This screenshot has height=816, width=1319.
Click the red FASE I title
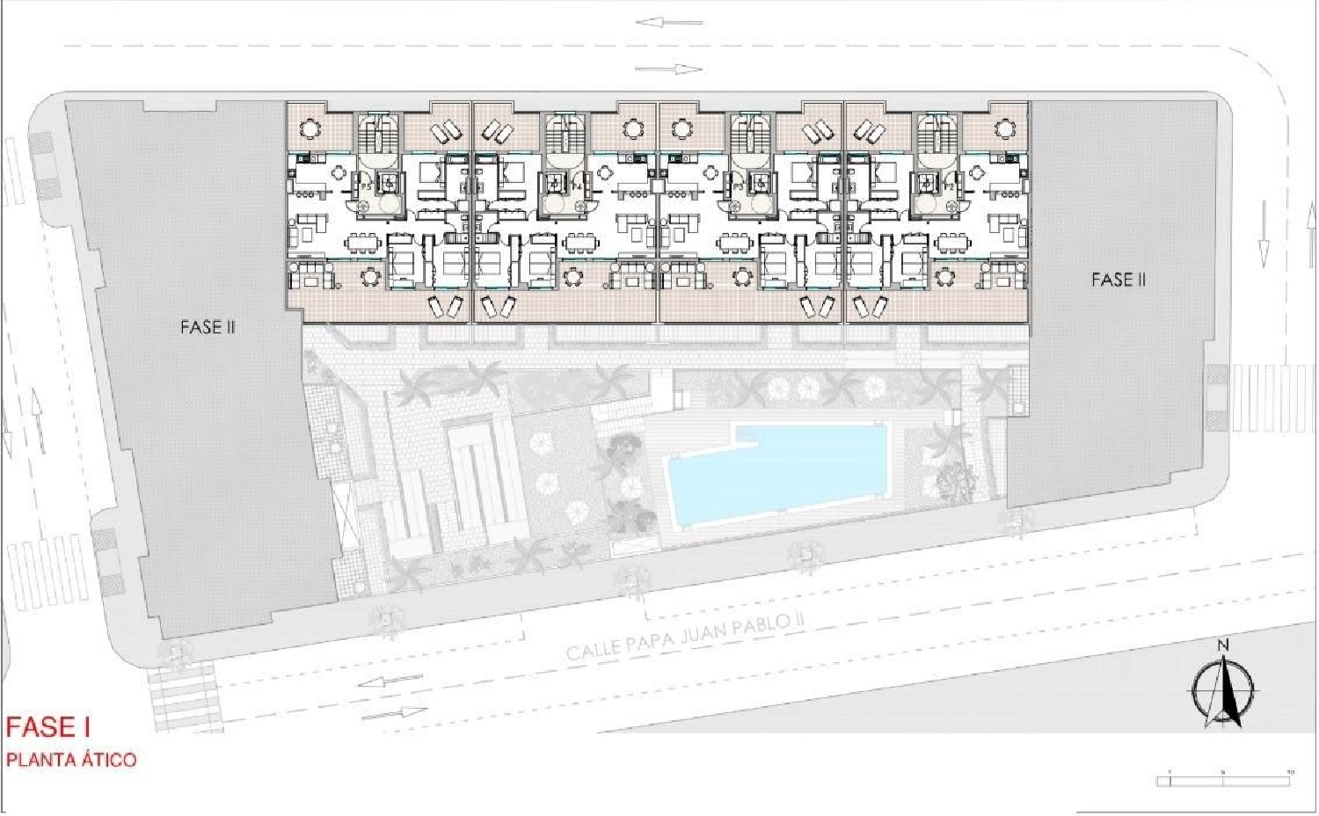click(49, 727)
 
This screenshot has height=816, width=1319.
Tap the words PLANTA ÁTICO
click(71, 759)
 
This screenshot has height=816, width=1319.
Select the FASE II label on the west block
click(208, 327)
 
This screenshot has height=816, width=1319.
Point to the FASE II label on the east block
click(1119, 280)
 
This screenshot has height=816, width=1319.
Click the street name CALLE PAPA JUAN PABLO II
click(685, 637)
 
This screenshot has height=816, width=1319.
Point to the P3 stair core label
click(738, 186)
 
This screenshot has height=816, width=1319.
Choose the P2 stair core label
click(948, 186)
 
